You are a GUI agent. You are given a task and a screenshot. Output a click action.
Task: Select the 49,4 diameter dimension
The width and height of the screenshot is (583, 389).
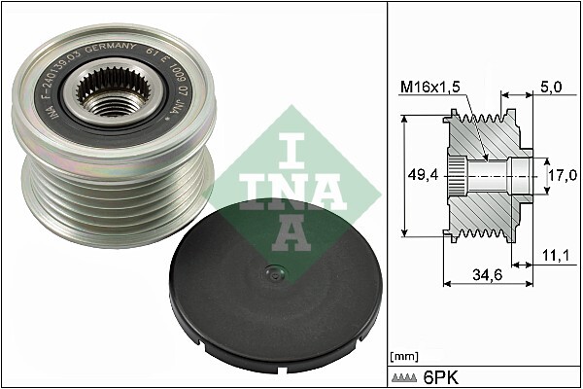point(420,176)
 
